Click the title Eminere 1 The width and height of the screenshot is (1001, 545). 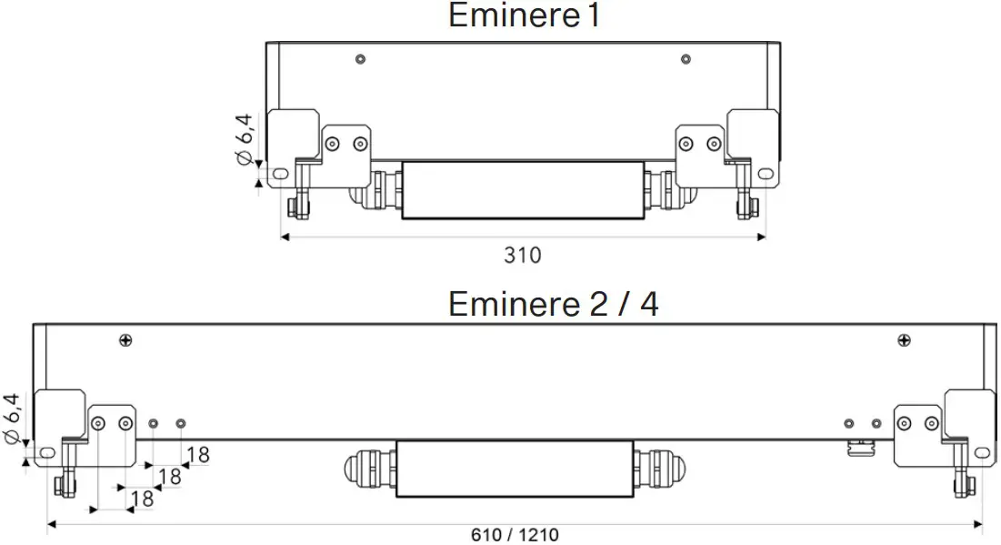pos(525,15)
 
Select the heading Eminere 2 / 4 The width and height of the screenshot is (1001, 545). pos(553,303)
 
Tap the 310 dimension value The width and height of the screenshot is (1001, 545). pos(522,256)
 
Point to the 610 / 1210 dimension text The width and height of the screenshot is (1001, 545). pos(515,534)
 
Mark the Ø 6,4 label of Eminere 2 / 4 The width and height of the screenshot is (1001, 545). pos(13,419)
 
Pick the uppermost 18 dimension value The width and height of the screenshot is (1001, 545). pos(197,454)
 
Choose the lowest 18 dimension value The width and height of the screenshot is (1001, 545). pos(142,499)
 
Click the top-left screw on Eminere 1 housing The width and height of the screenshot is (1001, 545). pos(361,59)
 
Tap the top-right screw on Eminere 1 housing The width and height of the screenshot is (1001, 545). pos(685,59)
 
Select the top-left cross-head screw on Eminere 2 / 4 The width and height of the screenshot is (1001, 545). pos(125,340)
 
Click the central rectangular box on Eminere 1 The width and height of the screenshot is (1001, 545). pos(523,189)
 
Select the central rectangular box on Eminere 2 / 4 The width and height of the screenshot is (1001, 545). pos(514,469)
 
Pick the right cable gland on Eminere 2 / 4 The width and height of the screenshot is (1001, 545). pos(659,469)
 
